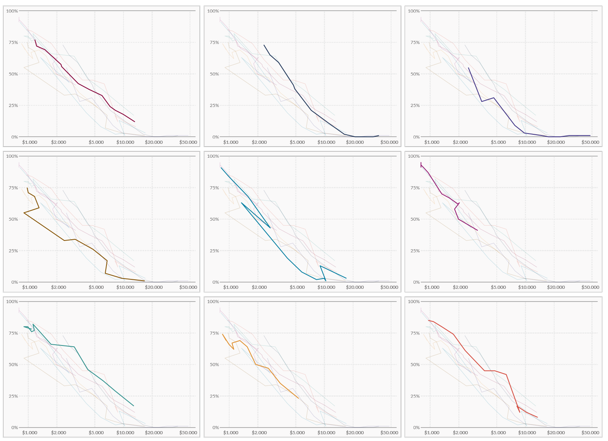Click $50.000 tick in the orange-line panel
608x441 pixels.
[x=389, y=433]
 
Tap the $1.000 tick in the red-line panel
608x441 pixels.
[x=431, y=433]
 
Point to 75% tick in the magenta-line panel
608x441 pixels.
[x=414, y=188]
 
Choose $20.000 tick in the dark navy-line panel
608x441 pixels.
[x=355, y=142]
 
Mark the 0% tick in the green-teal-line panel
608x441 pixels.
[x=14, y=428]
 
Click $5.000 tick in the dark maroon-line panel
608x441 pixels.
[x=96, y=142]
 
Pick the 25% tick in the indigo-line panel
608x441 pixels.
[x=414, y=105]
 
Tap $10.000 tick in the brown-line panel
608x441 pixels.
[x=125, y=287]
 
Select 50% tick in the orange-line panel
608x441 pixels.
[x=214, y=365]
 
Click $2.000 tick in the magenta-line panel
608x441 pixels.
[x=460, y=287]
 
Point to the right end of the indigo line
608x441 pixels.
[x=590, y=136]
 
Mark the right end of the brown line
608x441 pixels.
[x=144, y=281]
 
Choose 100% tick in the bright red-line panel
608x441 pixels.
[x=414, y=302]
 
